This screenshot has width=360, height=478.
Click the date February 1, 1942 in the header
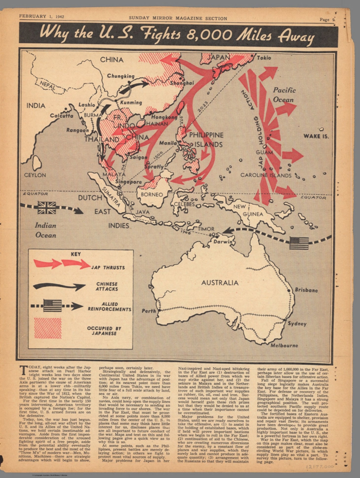[41, 16]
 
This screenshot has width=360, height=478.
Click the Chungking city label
[121, 76]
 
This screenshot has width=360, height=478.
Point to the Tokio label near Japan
[264, 58]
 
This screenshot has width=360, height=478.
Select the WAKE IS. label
[316, 136]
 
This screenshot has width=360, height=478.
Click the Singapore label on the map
[129, 182]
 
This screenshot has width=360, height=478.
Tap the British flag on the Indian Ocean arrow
[47, 208]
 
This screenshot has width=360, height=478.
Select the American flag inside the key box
[53, 306]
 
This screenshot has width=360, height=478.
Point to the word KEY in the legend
[76, 254]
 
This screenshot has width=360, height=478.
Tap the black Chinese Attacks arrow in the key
[59, 286]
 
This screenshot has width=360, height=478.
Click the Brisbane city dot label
[306, 290]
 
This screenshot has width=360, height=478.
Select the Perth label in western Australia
[149, 311]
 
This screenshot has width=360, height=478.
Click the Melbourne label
[284, 345]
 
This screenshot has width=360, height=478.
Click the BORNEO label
[152, 195]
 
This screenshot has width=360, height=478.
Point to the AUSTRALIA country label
[220, 283]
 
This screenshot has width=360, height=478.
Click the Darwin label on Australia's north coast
[222, 241]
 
